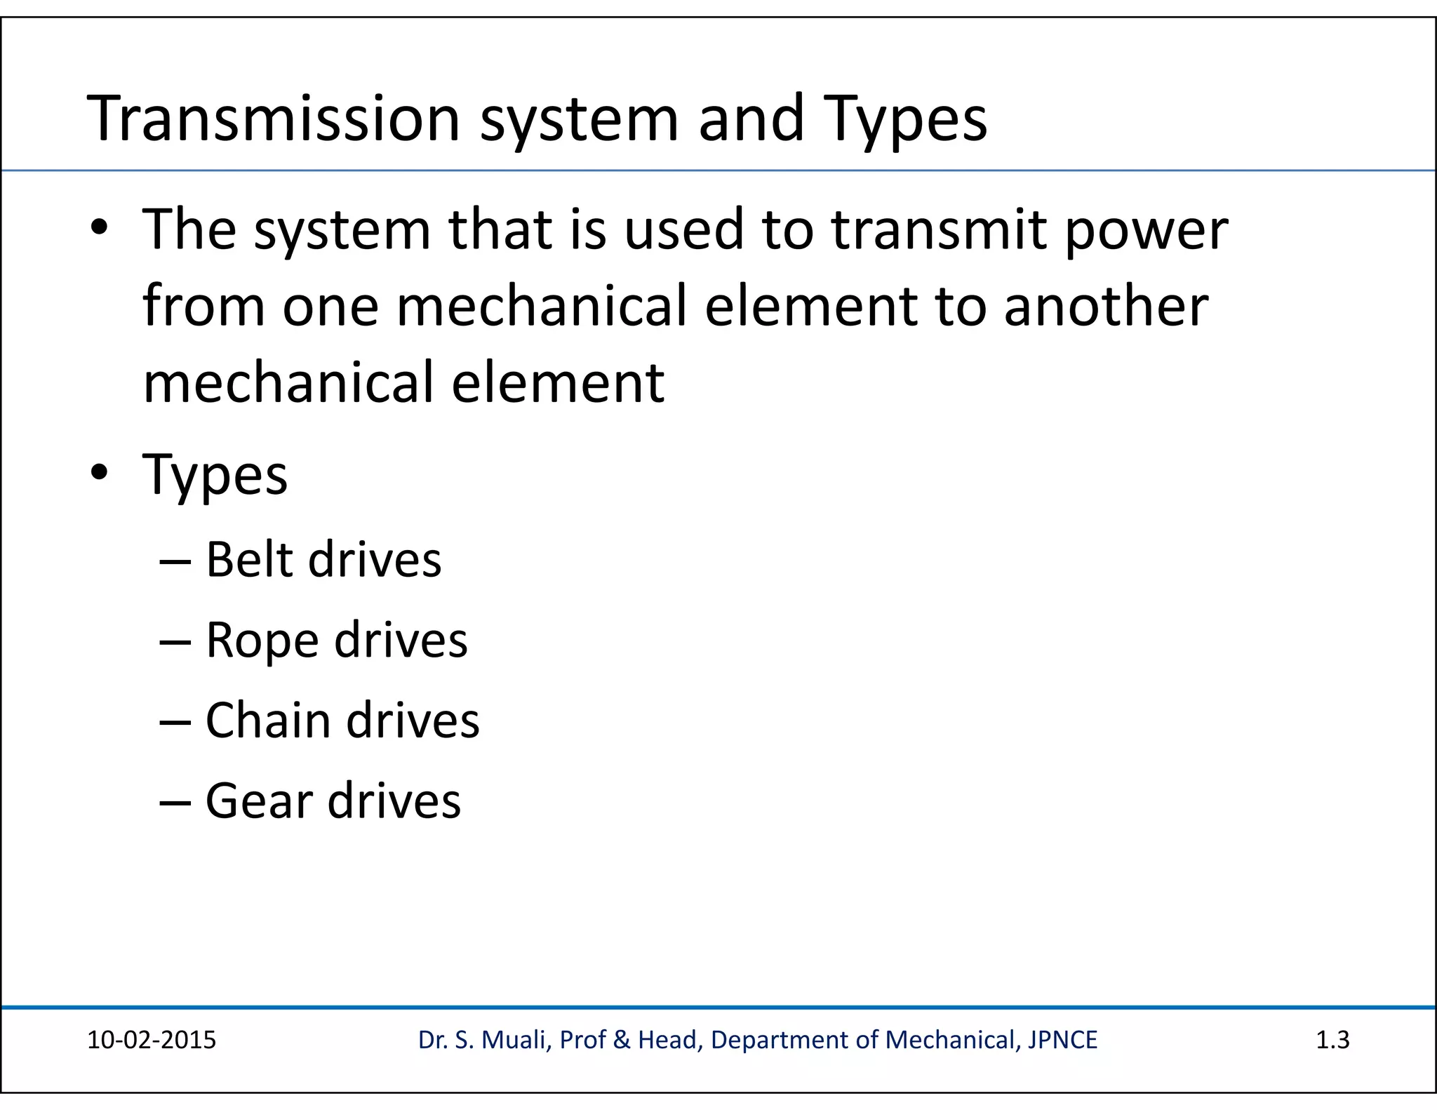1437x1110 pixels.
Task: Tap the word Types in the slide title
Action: [906, 121]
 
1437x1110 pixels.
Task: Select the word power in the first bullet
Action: [1147, 232]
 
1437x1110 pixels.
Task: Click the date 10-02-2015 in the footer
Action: [152, 1040]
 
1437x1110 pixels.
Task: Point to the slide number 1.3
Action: [1332, 1040]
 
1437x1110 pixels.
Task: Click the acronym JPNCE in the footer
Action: [1062, 1040]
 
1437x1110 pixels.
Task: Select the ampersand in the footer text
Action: [622, 1040]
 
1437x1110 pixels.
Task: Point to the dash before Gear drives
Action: [175, 802]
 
